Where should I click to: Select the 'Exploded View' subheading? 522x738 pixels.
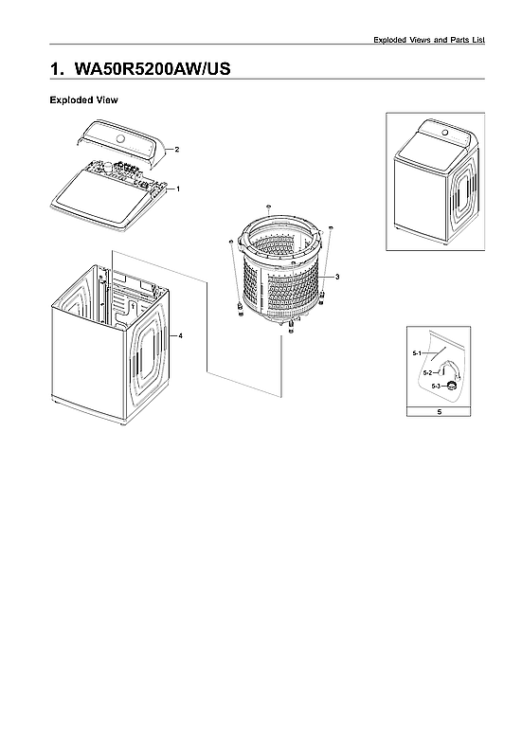tap(83, 99)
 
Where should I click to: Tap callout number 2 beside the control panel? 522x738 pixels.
tap(176, 150)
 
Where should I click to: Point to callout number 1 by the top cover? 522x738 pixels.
tap(178, 189)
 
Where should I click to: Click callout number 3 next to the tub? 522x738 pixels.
tap(336, 276)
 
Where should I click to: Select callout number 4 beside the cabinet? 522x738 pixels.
tap(180, 336)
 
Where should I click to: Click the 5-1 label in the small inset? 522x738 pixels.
tap(416, 352)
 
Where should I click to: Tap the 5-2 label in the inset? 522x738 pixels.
tap(428, 372)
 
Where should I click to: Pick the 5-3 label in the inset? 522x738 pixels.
tap(436, 387)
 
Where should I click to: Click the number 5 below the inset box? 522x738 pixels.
tap(439, 412)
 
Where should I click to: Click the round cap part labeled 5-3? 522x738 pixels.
tap(453, 384)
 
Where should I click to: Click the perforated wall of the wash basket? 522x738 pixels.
tap(284, 284)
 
